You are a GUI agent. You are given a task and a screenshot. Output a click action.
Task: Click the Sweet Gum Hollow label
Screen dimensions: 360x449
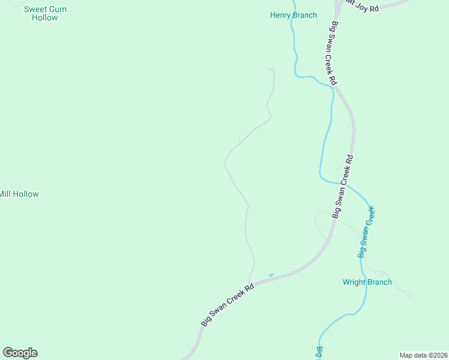(45, 13)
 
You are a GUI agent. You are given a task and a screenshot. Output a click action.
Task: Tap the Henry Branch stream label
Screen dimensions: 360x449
(293, 15)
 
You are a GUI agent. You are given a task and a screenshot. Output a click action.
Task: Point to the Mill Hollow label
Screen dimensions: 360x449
(19, 194)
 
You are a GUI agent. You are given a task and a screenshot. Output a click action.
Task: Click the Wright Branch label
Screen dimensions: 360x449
(367, 282)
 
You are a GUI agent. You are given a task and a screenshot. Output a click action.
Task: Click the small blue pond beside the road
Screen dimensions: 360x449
(271, 275)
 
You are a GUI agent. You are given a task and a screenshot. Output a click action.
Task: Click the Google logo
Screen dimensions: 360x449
(20, 353)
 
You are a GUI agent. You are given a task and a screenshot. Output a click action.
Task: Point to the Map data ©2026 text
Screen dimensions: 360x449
(423, 355)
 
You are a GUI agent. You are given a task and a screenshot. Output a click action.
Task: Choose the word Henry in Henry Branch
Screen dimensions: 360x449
(280, 15)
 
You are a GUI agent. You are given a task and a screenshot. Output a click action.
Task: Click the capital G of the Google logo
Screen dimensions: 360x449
(8, 353)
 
